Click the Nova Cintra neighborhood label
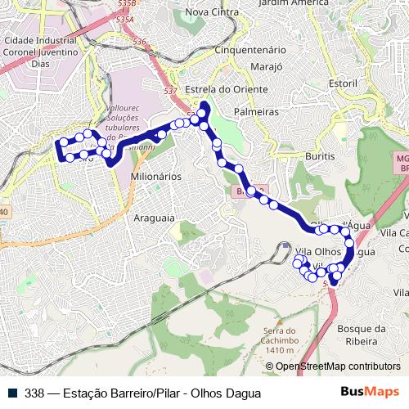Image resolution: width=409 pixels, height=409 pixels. [213, 12]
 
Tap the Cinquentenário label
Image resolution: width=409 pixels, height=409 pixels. [249, 50]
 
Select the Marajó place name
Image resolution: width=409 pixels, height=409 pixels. [266, 65]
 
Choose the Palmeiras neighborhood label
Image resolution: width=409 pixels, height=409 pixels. [256, 110]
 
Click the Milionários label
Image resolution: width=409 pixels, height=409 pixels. [155, 176]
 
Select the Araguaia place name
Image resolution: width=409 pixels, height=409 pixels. [155, 218]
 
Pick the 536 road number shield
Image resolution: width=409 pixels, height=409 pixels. [139, 42]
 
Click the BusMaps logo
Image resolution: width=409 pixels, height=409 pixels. [370, 393]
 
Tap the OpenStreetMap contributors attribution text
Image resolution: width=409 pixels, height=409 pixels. [338, 367]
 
